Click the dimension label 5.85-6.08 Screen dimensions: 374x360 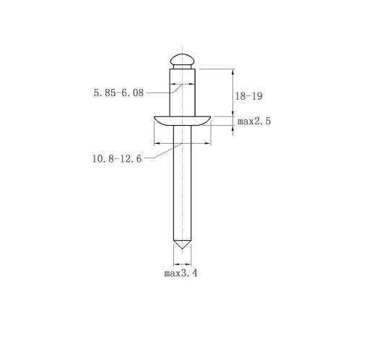coord(118,93)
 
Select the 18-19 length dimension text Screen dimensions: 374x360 coord(248,96)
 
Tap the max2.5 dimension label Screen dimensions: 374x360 coord(254,121)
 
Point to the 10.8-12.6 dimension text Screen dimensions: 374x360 coord(117,159)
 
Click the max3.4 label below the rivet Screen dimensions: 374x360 coord(181,273)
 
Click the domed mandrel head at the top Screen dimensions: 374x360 coord(182,59)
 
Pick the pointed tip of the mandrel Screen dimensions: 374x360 coord(182,249)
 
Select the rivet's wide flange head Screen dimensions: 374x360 coord(182,121)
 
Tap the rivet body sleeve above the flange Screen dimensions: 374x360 coord(182,93)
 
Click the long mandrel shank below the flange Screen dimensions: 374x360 coord(182,183)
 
